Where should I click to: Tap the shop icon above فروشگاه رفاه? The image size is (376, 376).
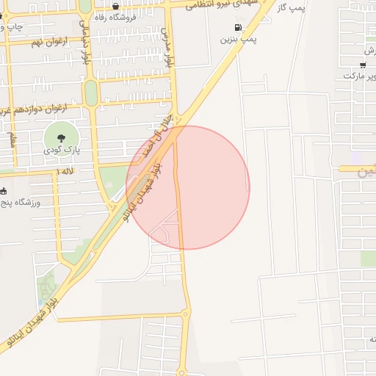(115, 6)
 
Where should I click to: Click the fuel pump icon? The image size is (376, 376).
(238, 28)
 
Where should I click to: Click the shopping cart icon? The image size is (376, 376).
(363, 65)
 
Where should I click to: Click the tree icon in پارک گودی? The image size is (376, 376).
(61, 137)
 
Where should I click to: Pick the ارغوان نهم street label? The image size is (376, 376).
(48, 42)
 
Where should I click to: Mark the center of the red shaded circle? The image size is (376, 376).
(189, 187)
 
